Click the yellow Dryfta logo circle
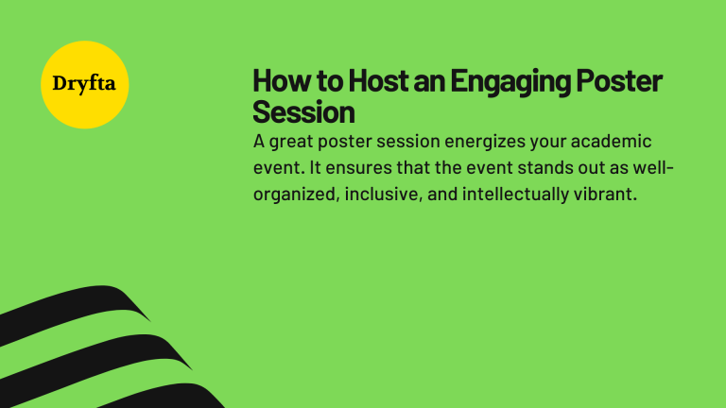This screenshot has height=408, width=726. pyautogui.click(x=86, y=85)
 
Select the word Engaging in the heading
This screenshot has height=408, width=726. pyautogui.click(x=508, y=82)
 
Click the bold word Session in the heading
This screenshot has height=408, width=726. pyautogui.click(x=303, y=112)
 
